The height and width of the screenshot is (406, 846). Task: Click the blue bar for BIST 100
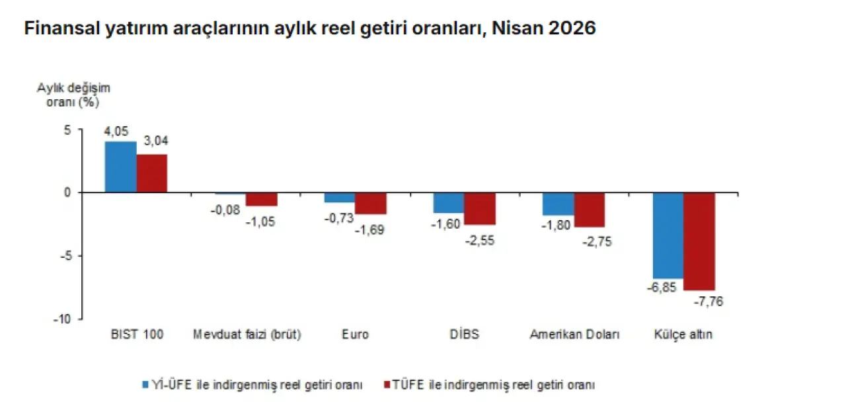(120, 167)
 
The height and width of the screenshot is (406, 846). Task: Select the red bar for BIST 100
(152, 173)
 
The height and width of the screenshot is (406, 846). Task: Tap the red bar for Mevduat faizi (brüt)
(261, 199)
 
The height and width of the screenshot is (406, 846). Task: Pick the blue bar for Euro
(340, 197)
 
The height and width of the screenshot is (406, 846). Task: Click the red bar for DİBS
(480, 209)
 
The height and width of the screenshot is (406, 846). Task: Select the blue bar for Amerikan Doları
(558, 204)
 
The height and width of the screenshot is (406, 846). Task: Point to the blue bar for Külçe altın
(668, 235)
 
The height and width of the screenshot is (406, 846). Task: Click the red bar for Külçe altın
(699, 241)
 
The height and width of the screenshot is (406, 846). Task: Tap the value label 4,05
(116, 132)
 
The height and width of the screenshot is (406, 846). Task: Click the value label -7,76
(709, 302)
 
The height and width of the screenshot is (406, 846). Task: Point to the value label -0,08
(225, 210)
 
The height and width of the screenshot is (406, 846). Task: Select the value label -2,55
(480, 241)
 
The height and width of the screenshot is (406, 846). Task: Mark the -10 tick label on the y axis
(62, 319)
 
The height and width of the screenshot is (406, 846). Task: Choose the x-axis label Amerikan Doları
(574, 335)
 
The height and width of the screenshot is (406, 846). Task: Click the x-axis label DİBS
(464, 334)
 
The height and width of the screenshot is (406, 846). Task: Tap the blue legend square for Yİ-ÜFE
(145, 385)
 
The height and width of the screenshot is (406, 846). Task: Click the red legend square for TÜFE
(387, 385)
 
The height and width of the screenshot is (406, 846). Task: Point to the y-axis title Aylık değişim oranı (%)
(73, 95)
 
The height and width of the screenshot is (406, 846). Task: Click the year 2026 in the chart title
(572, 28)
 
